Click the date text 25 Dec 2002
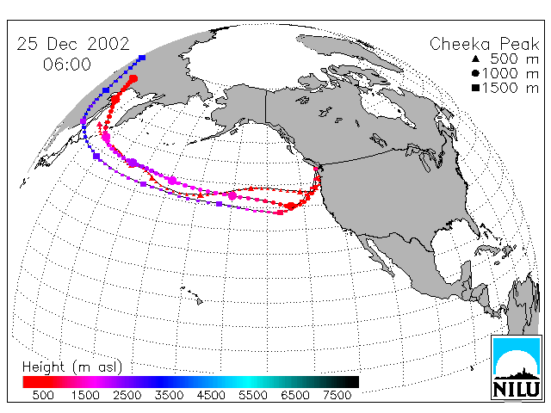coord(73,44)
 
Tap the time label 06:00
coord(67,65)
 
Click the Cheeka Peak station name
coord(484,45)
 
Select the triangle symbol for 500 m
coord(476,59)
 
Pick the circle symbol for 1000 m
coord(476,73)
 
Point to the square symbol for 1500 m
coord(476,88)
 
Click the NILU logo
coord(516,367)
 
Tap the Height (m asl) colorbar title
coord(72,367)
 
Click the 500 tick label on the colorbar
coord(43,395)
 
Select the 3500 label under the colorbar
coord(169,395)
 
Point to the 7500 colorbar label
coord(337,395)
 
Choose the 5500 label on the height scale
coord(253,395)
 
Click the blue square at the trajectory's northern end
coord(142,58)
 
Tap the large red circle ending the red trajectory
coord(133,78)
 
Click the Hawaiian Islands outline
coord(192,294)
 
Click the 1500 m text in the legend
coord(511,88)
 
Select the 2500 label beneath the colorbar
coord(127,395)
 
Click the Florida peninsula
coord(474,229)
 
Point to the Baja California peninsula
coord(379,254)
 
